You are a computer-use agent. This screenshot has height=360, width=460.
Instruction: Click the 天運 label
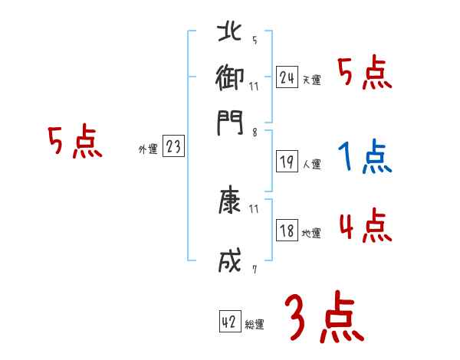311,80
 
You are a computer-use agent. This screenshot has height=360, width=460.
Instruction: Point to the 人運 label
311,164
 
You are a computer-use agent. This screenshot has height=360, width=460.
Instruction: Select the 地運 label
311,233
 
